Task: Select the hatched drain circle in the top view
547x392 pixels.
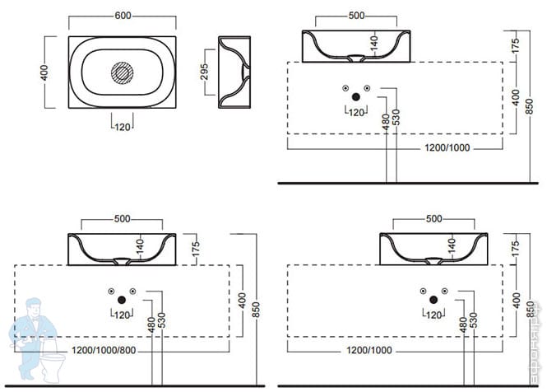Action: click(123, 72)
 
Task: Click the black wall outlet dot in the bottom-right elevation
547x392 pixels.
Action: click(433, 298)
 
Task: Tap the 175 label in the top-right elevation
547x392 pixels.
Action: click(515, 45)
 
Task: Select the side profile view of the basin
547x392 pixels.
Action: click(235, 72)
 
